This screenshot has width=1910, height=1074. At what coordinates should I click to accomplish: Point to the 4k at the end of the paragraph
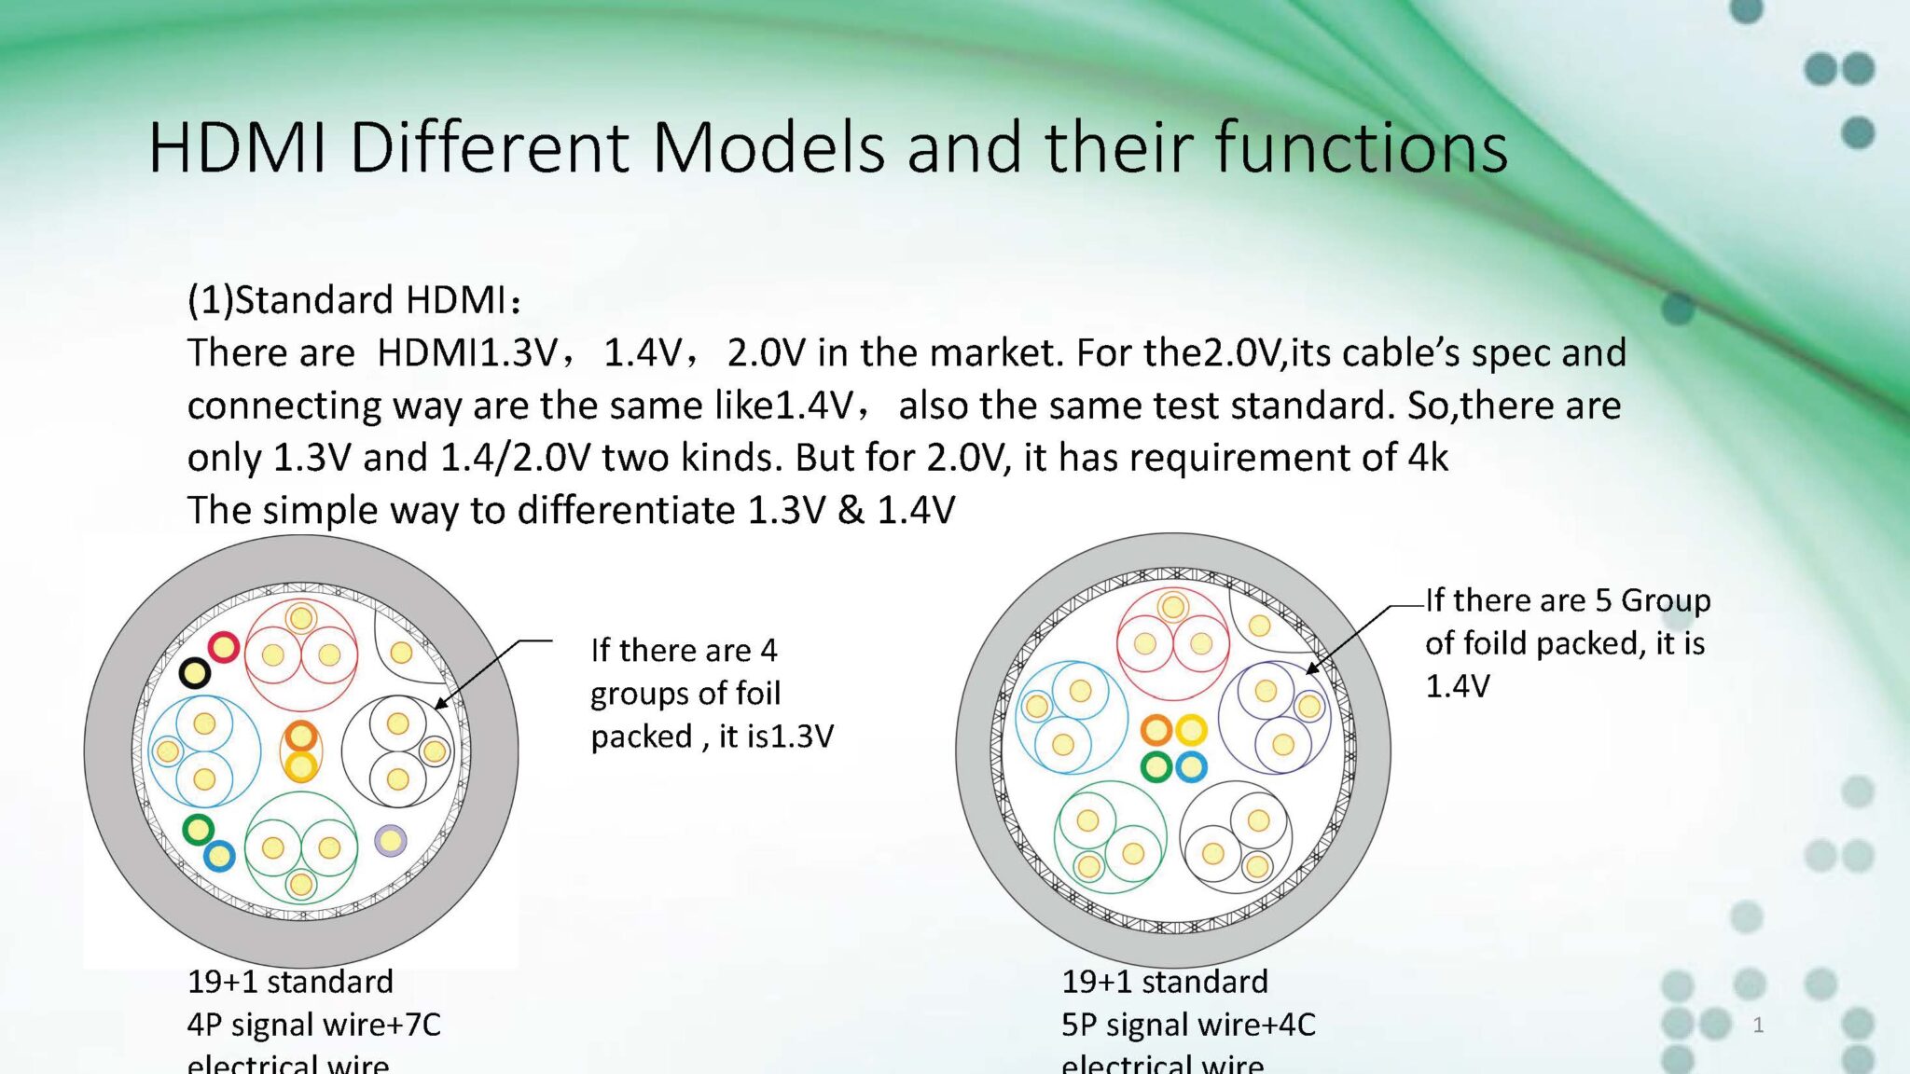tap(1428, 458)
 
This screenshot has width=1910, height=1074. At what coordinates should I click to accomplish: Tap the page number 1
tap(1758, 1026)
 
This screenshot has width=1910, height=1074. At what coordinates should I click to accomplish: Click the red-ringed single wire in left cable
tap(224, 646)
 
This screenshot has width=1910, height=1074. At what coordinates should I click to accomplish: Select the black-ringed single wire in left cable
tap(194, 672)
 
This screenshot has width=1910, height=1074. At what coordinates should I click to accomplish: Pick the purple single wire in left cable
tap(391, 840)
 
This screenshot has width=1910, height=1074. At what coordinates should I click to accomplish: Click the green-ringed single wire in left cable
tap(198, 829)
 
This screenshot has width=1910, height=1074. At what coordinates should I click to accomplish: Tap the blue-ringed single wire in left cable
tap(219, 856)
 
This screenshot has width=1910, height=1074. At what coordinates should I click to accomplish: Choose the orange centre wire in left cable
tap(300, 737)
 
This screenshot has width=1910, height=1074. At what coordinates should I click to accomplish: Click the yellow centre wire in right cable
tap(1191, 730)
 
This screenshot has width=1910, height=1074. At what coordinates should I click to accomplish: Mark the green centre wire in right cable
tap(1156, 767)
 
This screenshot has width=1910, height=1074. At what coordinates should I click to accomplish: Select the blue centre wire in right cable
tap(1191, 767)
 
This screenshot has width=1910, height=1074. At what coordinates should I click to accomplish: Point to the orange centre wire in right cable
tap(1156, 730)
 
